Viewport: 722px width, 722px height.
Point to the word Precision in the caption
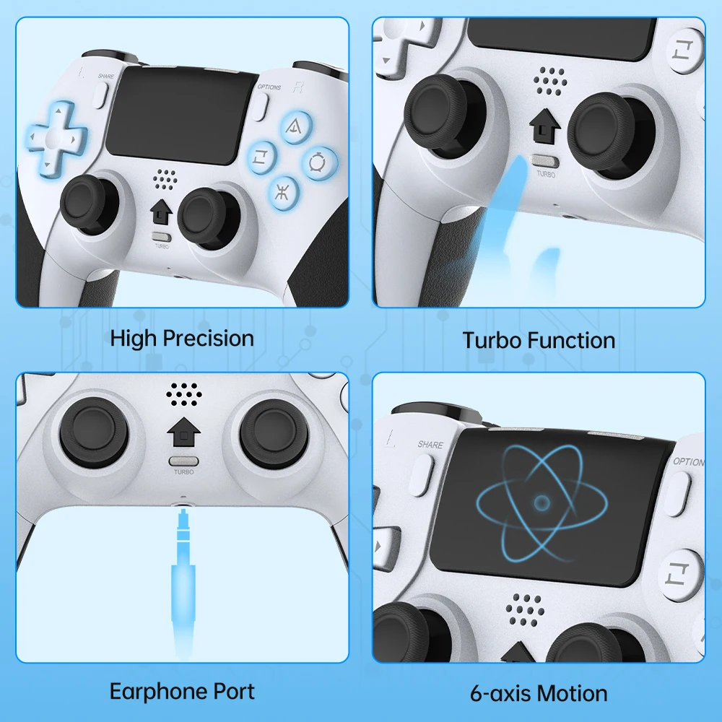coord(209,339)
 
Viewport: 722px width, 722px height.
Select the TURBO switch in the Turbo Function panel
coord(544,162)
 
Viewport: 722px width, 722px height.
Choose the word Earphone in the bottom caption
coord(155,692)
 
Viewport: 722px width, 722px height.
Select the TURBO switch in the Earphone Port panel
coord(184,461)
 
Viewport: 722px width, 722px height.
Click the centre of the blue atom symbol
coord(541,503)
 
